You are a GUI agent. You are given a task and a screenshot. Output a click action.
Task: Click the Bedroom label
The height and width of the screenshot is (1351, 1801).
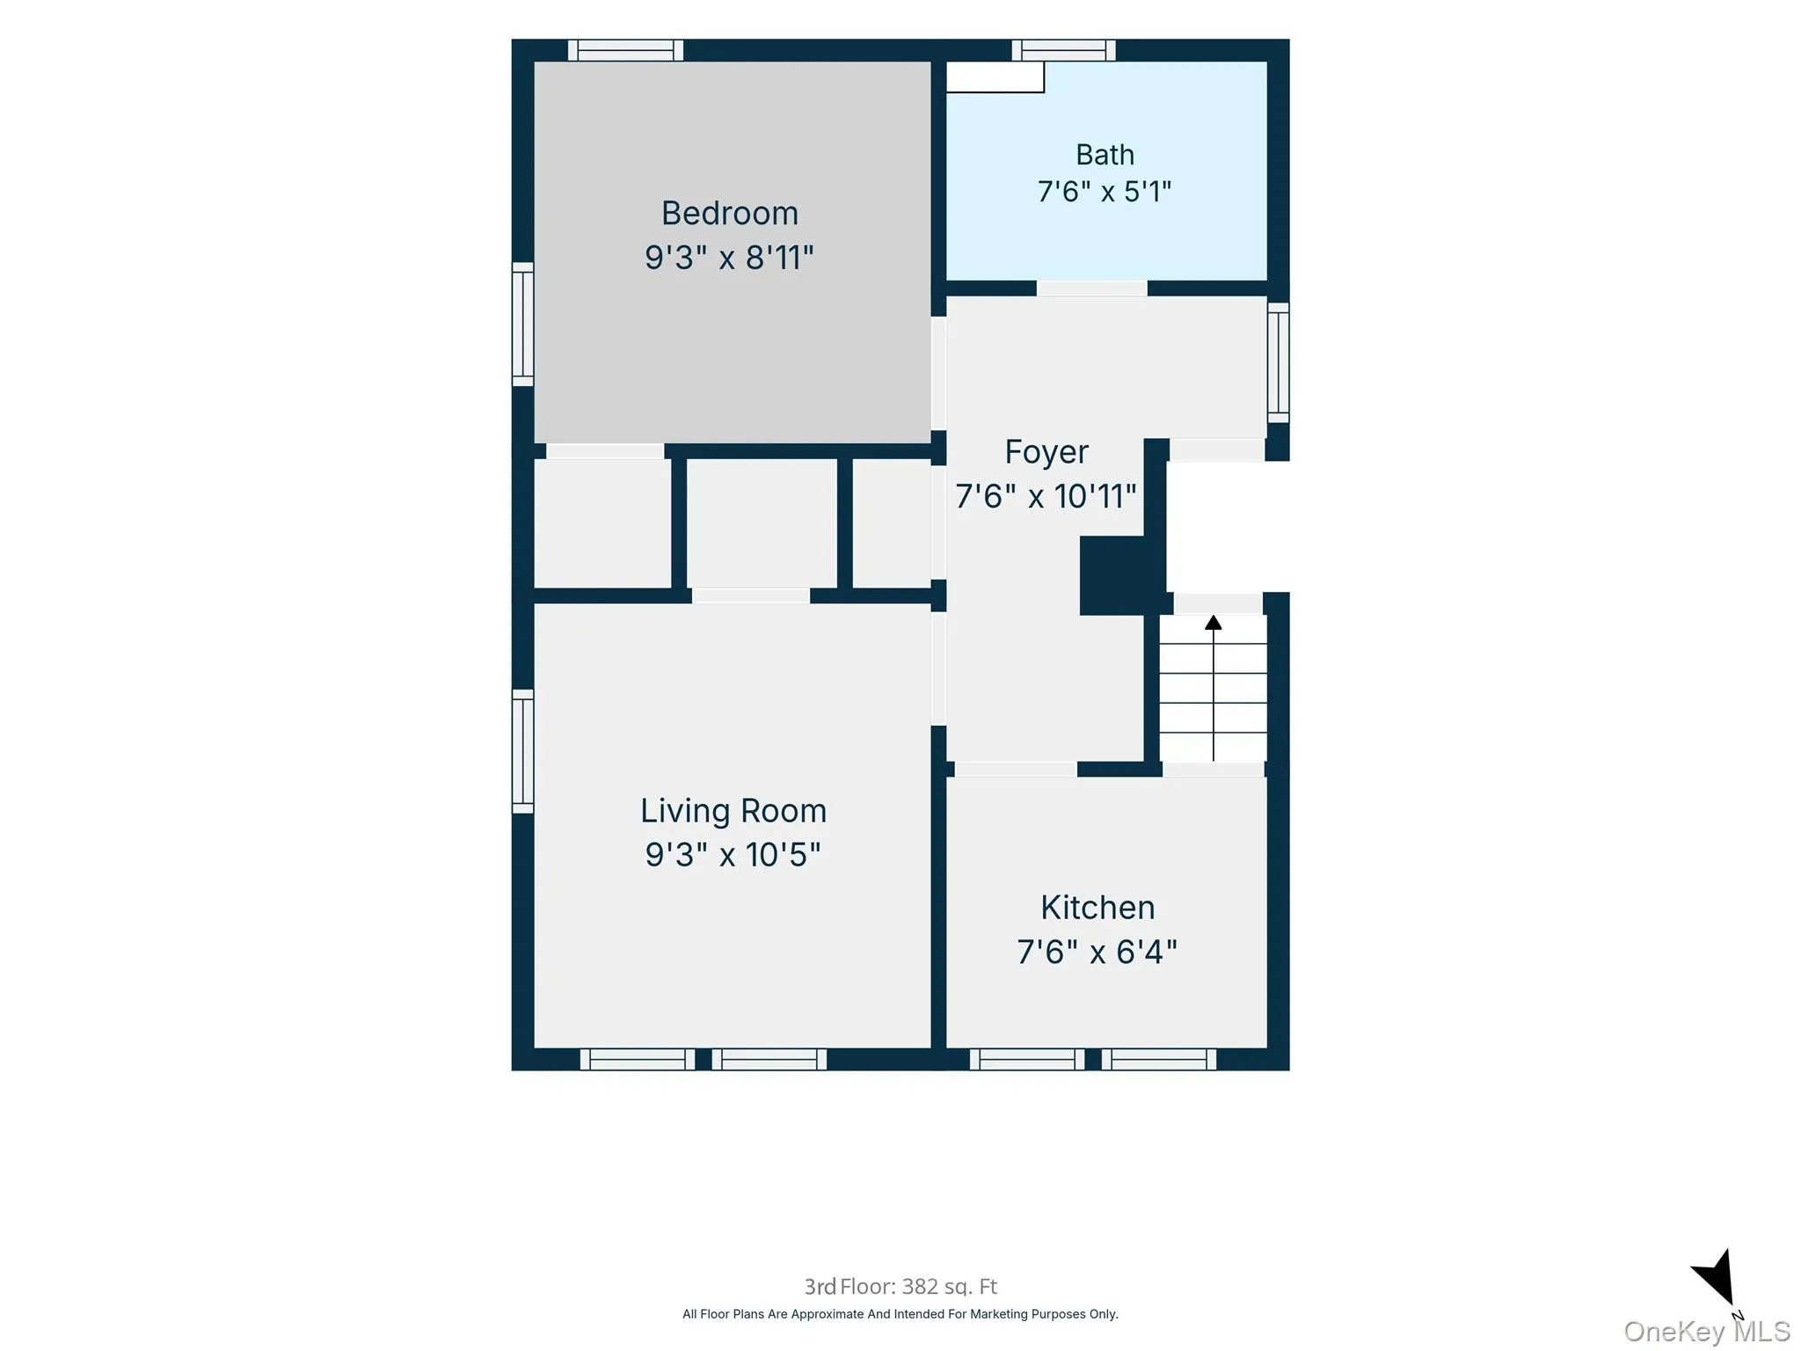click(x=730, y=214)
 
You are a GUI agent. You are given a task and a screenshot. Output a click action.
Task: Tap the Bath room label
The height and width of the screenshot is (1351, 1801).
click(x=1105, y=155)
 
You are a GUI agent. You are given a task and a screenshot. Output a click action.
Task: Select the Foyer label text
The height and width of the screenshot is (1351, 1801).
click(x=1046, y=452)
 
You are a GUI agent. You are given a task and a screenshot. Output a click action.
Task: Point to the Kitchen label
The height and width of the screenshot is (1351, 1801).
click(x=1097, y=907)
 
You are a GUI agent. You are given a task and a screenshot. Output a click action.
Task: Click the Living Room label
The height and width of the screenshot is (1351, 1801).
click(x=733, y=811)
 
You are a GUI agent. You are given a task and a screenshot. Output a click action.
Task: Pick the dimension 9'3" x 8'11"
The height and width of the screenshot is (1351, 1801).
click(x=730, y=258)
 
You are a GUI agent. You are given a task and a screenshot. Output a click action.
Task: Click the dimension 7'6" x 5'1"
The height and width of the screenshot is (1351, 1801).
click(x=1105, y=192)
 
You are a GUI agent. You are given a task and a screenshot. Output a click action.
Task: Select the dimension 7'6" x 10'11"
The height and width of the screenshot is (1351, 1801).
click(x=1046, y=497)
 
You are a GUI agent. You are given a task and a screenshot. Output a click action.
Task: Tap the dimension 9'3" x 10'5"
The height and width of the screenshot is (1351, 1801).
click(x=733, y=855)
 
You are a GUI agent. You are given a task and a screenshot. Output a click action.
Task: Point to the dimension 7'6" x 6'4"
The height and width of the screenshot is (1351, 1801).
click(x=1097, y=952)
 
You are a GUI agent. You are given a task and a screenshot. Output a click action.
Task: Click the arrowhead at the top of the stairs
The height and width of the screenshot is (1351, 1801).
click(x=1214, y=622)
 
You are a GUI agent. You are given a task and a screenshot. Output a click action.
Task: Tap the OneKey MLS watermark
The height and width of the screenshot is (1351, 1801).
click(x=1707, y=1331)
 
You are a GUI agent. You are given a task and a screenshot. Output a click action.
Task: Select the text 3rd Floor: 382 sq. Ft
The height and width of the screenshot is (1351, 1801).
click(x=900, y=1287)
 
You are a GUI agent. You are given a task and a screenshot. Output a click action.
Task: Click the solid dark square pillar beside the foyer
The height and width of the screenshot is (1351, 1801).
click(x=1112, y=575)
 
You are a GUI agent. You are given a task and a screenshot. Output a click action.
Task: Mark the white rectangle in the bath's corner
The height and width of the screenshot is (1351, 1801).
click(x=995, y=77)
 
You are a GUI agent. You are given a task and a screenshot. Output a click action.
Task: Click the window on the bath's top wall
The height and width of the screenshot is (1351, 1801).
click(x=1064, y=50)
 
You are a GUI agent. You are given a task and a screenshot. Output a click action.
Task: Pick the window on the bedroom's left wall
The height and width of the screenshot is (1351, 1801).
click(x=523, y=324)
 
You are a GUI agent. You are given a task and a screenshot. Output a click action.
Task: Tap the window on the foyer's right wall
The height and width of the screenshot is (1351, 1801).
click(x=1279, y=362)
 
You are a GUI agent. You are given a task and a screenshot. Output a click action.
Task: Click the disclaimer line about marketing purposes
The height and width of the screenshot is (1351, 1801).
click(x=900, y=1314)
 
